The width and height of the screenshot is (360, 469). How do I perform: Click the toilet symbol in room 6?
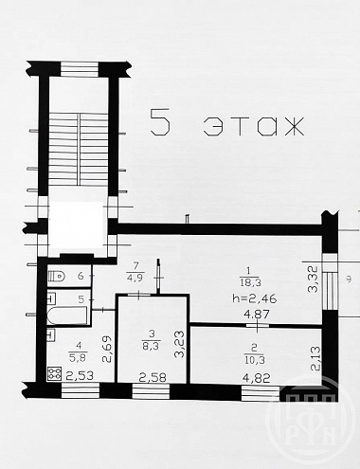56,277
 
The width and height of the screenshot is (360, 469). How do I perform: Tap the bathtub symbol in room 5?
67,316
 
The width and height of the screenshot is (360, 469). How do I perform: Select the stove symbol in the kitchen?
54,374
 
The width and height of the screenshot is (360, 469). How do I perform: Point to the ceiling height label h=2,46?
255,298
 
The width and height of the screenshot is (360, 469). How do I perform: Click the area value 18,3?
251,282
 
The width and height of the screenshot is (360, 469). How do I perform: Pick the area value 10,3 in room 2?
254,360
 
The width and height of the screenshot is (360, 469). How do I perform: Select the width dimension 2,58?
153,377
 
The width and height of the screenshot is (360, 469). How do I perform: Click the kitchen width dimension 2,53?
80,375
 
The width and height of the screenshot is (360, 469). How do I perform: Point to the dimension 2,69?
107,349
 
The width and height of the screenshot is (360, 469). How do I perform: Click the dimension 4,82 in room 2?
258,378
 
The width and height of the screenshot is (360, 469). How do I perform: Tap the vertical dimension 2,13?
315,358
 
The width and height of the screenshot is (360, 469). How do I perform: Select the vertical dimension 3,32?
314,280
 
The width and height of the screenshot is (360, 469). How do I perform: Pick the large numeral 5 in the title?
160,122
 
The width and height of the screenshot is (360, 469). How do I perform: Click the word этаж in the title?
254,126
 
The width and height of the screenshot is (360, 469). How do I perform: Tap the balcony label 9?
349,280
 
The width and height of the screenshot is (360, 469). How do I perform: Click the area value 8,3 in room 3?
152,346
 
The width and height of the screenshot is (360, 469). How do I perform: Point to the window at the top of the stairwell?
79,69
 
